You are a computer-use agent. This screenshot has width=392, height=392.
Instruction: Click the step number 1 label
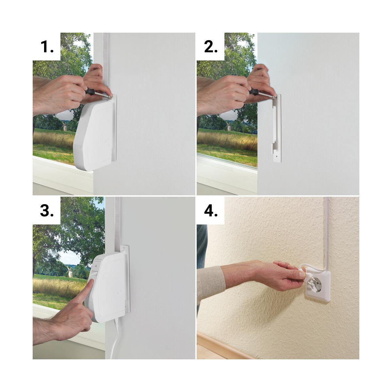coord(47,47)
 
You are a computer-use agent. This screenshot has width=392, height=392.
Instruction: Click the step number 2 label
coord(211,47)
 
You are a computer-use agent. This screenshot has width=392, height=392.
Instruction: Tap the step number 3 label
coord(47,211)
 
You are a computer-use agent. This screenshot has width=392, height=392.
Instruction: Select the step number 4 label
coord(211,211)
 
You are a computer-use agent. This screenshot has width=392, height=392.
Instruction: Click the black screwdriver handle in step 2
coord(254,92)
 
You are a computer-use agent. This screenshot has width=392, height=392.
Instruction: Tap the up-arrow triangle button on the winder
coord(96,266)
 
